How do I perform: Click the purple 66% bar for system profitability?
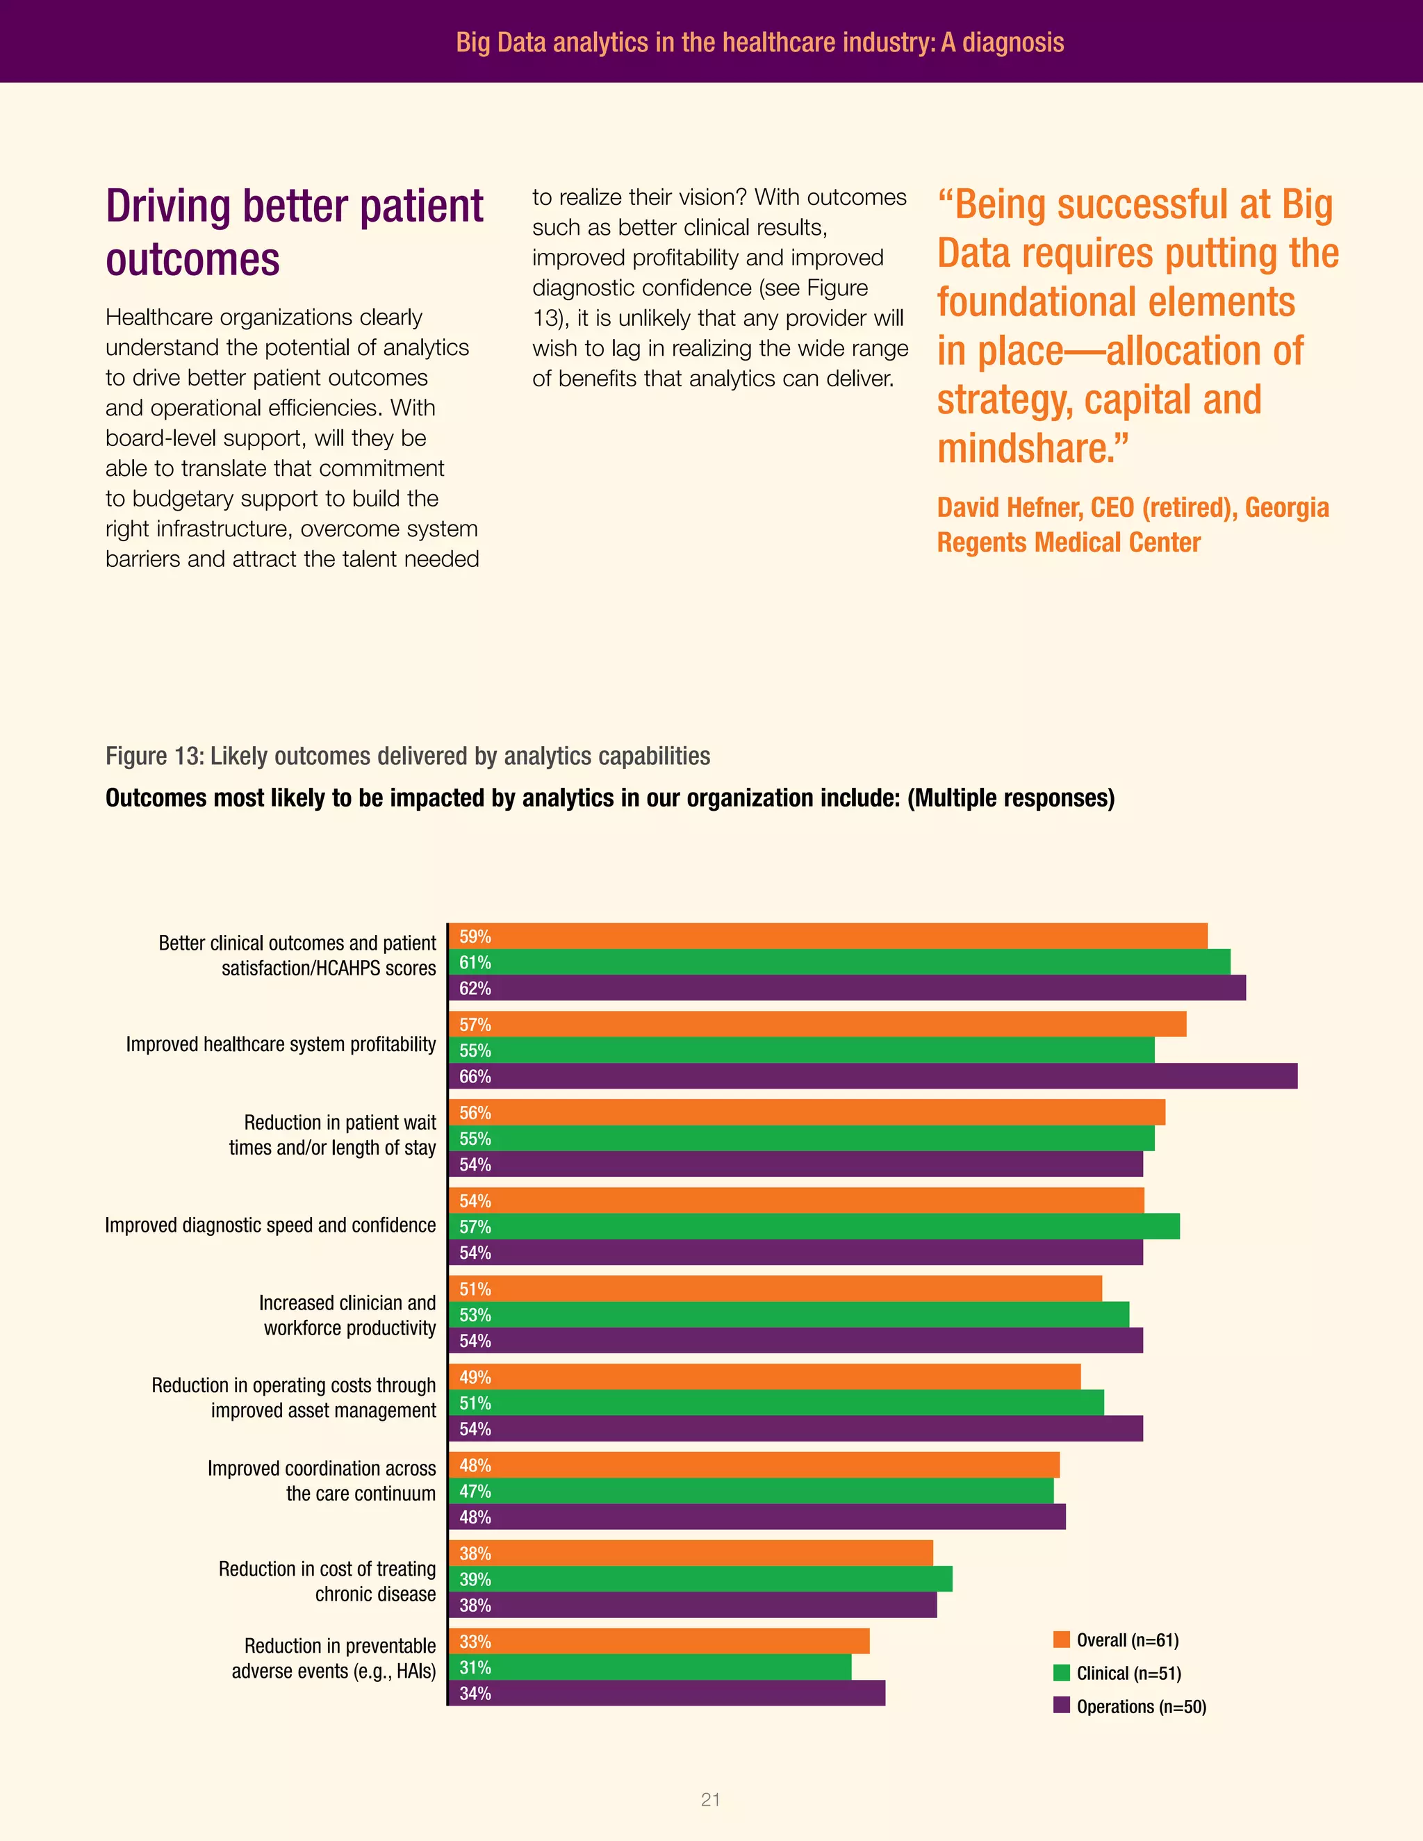pos(873,1076)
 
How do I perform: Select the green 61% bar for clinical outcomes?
pos(839,961)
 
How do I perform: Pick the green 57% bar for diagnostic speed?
pos(814,1226)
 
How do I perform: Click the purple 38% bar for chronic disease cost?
pos(692,1605)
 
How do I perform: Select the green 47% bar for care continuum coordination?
pos(750,1491)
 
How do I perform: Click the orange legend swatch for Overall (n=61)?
pos(1062,1640)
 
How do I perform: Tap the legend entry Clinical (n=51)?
pos(1128,1674)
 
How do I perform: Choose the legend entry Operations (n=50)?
pos(1141,1706)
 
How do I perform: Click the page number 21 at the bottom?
pos(711,1800)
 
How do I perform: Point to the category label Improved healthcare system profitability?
pos(281,1044)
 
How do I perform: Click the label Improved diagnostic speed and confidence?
pos(270,1225)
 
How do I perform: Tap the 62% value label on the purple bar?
pos(475,989)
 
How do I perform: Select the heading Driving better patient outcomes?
pos(294,232)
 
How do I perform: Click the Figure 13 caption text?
pos(407,756)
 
